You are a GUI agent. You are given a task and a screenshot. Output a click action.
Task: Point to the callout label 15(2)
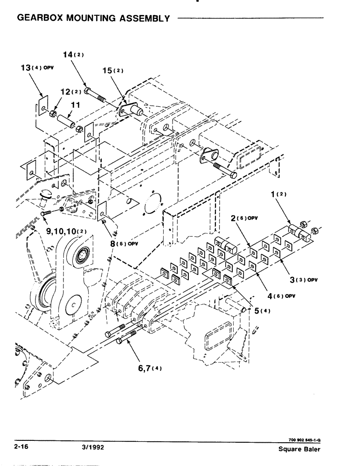[113, 71]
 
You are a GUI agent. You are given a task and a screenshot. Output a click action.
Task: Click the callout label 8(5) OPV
[125, 243]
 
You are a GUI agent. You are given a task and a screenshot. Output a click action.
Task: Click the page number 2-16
[22, 446]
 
